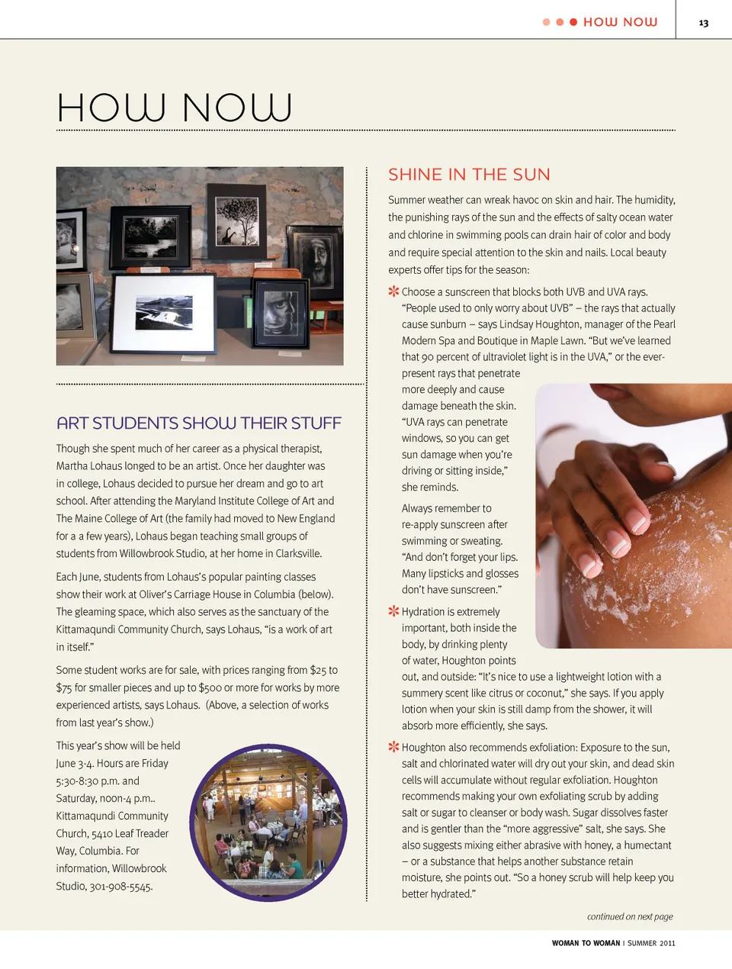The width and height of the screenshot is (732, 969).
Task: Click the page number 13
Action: tap(703, 23)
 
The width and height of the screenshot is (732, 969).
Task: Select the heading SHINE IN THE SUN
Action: tap(469, 175)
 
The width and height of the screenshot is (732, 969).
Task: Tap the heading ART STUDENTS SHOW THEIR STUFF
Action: tap(199, 423)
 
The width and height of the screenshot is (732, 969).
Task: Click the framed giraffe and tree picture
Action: tap(237, 221)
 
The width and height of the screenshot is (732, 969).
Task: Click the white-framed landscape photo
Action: tap(163, 313)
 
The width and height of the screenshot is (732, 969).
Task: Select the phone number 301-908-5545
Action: tap(121, 886)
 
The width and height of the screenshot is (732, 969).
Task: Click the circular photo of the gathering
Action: tap(268, 823)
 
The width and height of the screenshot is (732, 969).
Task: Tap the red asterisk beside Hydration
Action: tap(393, 611)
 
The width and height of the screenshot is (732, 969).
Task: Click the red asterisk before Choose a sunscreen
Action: tap(393, 291)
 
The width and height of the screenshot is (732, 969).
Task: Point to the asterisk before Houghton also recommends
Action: tap(393, 747)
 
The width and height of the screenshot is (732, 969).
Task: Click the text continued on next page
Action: tap(630, 916)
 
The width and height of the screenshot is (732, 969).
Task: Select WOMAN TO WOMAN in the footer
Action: tap(586, 943)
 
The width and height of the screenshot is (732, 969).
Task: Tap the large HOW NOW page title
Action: tap(174, 108)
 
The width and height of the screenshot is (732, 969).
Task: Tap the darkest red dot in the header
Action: tap(573, 22)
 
